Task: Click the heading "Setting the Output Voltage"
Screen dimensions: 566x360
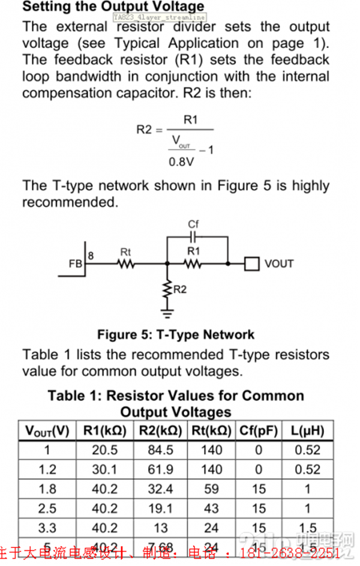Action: (113, 7)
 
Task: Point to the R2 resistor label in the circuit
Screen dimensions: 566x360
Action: (181, 289)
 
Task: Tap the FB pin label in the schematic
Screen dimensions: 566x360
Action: (76, 263)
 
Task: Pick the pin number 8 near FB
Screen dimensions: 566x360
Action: (91, 256)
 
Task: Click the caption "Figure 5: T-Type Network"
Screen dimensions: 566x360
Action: (176, 335)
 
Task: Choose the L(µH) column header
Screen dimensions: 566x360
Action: (307, 431)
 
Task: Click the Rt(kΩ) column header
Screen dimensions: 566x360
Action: (211, 431)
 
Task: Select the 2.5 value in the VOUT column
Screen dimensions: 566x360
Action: (47, 509)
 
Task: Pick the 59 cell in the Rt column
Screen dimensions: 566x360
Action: (211, 489)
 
